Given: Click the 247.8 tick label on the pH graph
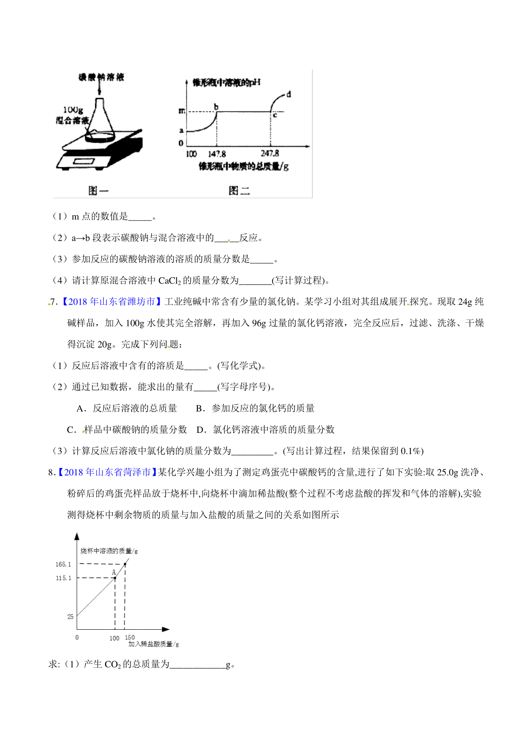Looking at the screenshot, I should click(x=270, y=153).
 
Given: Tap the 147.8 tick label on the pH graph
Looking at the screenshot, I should click(x=217, y=154).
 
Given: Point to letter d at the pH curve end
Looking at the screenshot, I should click(x=289, y=94).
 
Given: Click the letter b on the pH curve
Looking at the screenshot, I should click(x=216, y=107).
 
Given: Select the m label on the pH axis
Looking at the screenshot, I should click(x=182, y=111).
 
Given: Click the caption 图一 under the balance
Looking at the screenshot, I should click(x=98, y=191).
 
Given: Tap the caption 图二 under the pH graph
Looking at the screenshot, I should click(x=239, y=191).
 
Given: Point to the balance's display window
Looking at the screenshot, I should click(x=84, y=162).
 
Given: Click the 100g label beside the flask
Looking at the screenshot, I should click(x=73, y=110).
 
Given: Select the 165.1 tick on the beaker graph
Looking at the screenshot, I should click(x=63, y=564).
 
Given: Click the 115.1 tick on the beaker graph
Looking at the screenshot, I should click(x=63, y=578).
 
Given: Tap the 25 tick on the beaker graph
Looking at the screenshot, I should click(x=70, y=616).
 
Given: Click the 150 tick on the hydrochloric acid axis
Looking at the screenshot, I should click(x=129, y=637).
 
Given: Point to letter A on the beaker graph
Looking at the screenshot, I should click(x=113, y=572).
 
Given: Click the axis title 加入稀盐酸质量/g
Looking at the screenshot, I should click(x=153, y=644).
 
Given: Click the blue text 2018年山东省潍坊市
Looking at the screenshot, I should click(x=111, y=302).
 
